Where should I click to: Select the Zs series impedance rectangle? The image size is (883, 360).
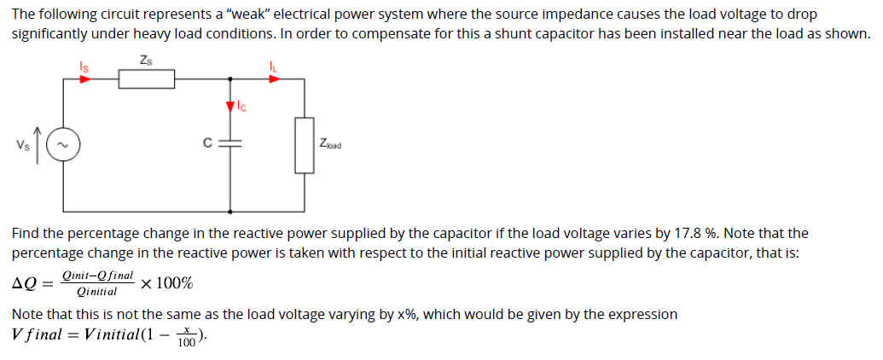click(x=146, y=79)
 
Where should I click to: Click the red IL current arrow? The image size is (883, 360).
click(x=274, y=78)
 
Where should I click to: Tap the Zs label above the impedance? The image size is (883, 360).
click(x=146, y=59)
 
